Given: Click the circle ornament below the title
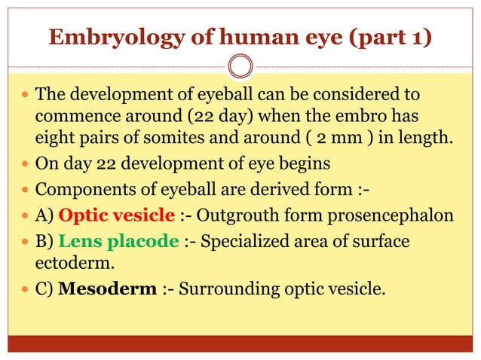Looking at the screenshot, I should click(x=240, y=66).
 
